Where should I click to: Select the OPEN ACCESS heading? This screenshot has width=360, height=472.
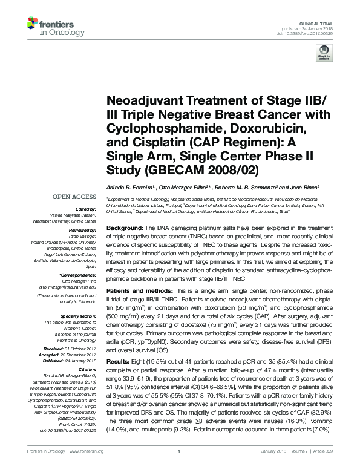click(75, 197)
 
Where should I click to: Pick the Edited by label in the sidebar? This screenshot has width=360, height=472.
click(85, 209)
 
